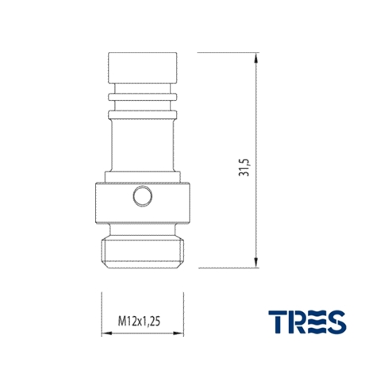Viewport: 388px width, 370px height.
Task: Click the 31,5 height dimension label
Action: click(x=244, y=168)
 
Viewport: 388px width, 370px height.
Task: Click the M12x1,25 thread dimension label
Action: click(x=139, y=322)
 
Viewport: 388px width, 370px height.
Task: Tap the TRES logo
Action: click(x=307, y=322)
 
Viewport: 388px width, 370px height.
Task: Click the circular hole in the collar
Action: click(x=143, y=196)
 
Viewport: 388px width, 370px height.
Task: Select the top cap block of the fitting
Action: click(x=143, y=68)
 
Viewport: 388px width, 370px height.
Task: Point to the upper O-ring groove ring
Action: click(x=143, y=97)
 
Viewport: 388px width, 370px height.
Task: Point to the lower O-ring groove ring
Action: click(x=143, y=115)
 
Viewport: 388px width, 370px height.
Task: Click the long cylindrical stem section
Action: click(x=143, y=145)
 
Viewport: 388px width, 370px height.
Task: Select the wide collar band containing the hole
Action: click(x=143, y=202)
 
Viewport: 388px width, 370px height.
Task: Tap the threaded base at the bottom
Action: click(x=143, y=253)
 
